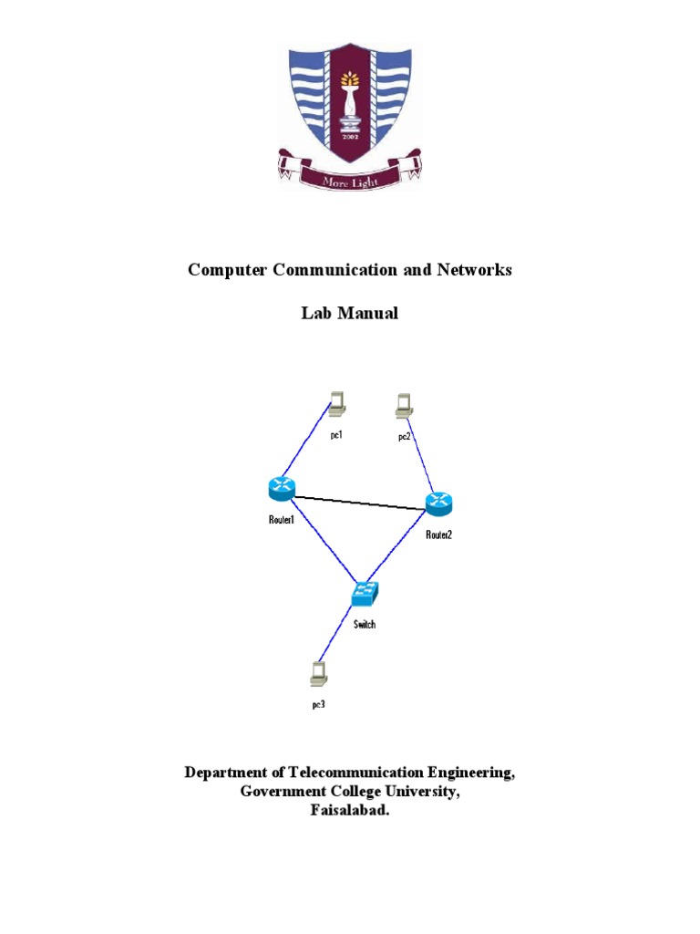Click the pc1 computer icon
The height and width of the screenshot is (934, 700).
(x=337, y=401)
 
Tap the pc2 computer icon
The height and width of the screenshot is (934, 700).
(x=404, y=405)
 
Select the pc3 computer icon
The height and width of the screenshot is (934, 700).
(x=318, y=673)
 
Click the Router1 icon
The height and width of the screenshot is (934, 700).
(x=283, y=489)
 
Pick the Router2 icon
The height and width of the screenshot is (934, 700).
(x=438, y=503)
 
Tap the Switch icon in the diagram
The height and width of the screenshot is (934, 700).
(x=365, y=594)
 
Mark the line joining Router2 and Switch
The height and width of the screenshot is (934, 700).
(x=403, y=547)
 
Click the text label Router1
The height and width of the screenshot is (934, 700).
(x=282, y=521)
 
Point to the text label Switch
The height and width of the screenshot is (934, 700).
(x=365, y=625)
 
